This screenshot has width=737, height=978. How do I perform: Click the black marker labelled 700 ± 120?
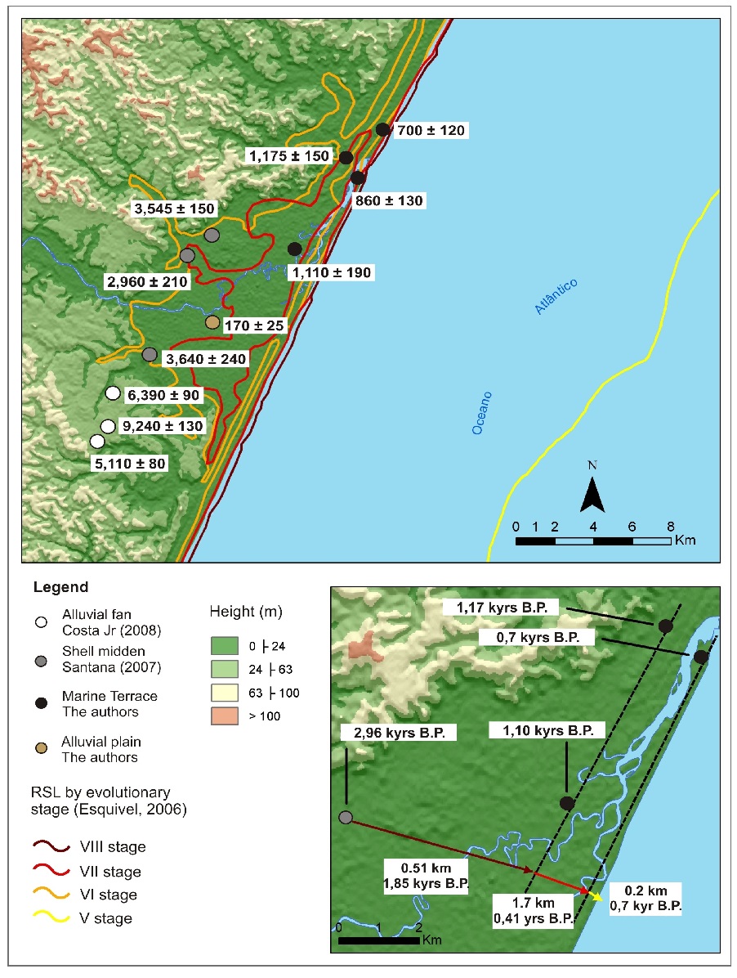click(x=382, y=129)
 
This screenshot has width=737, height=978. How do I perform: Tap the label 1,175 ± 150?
click(x=289, y=156)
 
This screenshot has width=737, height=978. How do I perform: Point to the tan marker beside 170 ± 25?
click(x=212, y=323)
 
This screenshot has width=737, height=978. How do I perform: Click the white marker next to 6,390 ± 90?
click(x=114, y=393)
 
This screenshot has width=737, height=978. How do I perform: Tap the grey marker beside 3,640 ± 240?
click(x=149, y=354)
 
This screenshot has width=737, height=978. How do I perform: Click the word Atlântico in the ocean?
click(x=556, y=296)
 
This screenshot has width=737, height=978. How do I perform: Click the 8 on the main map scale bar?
click(x=670, y=526)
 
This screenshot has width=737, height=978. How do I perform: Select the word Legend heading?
click(x=60, y=587)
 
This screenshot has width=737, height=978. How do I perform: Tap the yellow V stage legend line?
click(x=51, y=918)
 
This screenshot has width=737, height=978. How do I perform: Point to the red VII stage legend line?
click(x=51, y=872)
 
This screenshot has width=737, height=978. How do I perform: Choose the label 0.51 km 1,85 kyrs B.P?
click(x=422, y=875)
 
